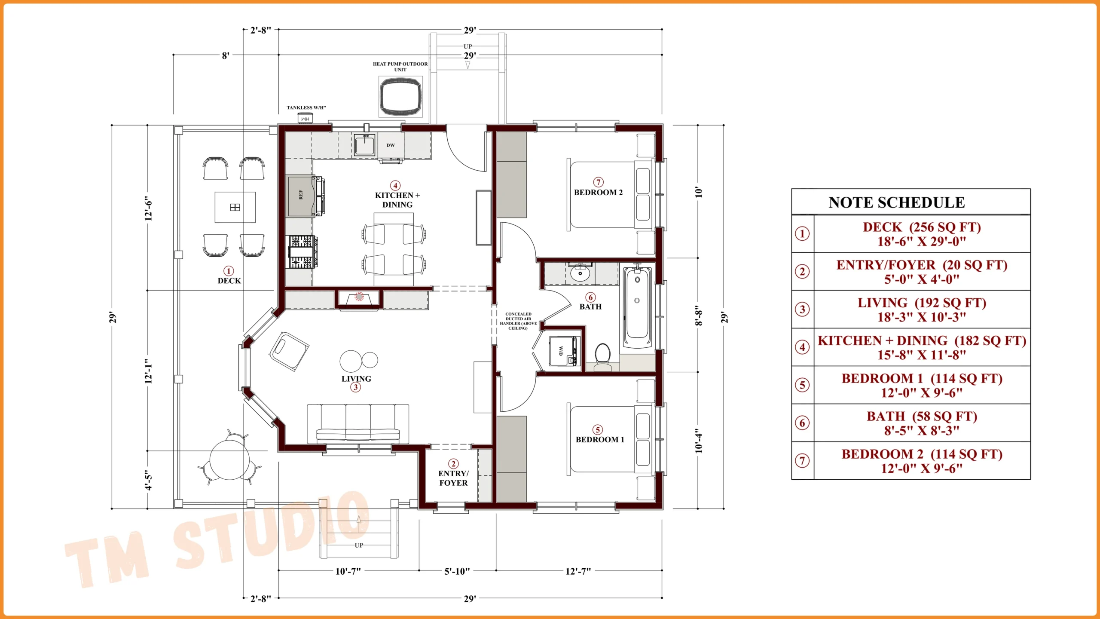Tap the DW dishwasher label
pos(390,145)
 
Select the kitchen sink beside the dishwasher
pos(364,145)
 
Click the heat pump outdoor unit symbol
pos(400,96)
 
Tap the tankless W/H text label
pos(306,107)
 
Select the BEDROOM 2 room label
pos(598,192)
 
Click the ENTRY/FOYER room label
pos(453,478)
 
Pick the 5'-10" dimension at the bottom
pos(457,571)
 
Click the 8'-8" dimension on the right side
pos(699,315)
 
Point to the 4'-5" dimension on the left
pos(148,480)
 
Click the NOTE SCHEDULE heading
pos(896,202)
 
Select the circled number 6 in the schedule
pos(802,423)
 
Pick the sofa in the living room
pos(358,424)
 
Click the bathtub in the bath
pos(637,307)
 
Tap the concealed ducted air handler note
pos(518,321)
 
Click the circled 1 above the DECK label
pos(229,271)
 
